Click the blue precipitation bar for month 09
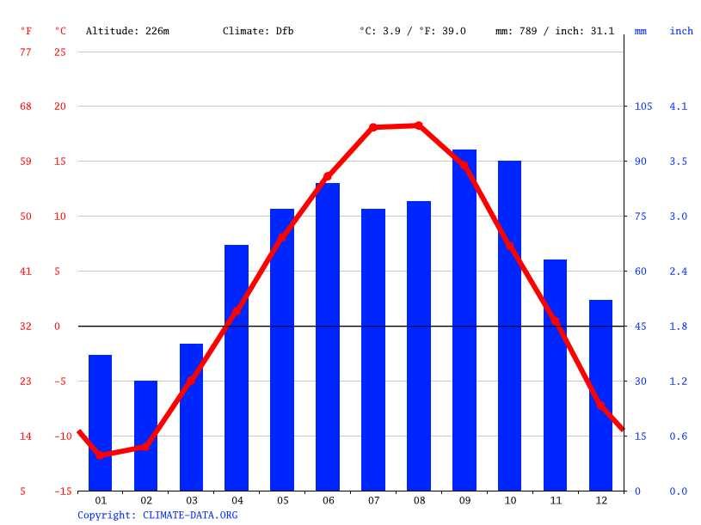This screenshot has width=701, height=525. tap(464, 320)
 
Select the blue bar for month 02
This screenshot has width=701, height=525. tap(146, 436)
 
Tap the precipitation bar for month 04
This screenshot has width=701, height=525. tap(237, 368)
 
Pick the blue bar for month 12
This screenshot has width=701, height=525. tap(600, 395)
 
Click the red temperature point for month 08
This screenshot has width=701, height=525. tap(419, 125)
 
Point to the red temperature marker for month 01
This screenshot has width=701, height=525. tap(101, 455)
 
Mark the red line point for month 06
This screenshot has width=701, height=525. tap(328, 176)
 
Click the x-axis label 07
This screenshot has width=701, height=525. tap(373, 500)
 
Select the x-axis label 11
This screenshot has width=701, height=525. tap(556, 500)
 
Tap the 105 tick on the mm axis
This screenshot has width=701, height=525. tap(643, 107)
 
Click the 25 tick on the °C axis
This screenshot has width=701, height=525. tap(59, 52)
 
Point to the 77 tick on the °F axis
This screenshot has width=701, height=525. tap(26, 52)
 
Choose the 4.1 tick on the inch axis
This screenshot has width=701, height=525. tap(679, 107)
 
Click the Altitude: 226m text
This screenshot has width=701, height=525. tap(127, 31)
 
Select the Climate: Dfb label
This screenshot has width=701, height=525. tap(258, 31)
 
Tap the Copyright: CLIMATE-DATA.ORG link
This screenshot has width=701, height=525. tap(157, 515)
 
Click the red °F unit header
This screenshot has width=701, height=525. tap(27, 31)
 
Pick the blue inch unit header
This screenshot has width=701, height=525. tap(681, 31)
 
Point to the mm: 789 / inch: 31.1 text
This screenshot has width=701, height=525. tap(555, 31)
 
